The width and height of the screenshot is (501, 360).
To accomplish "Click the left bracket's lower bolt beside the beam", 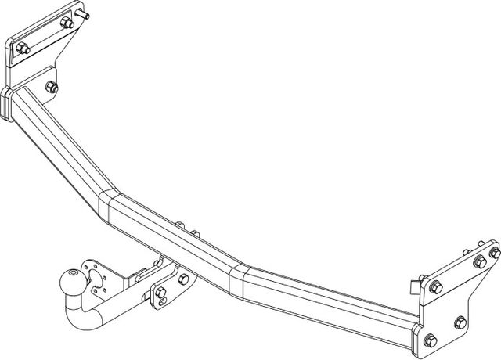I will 52,86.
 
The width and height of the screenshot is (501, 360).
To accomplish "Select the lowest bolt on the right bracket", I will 430,339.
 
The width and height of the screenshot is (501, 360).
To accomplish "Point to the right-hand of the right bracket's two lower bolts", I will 459,322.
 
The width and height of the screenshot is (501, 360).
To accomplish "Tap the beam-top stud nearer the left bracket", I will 181,226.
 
